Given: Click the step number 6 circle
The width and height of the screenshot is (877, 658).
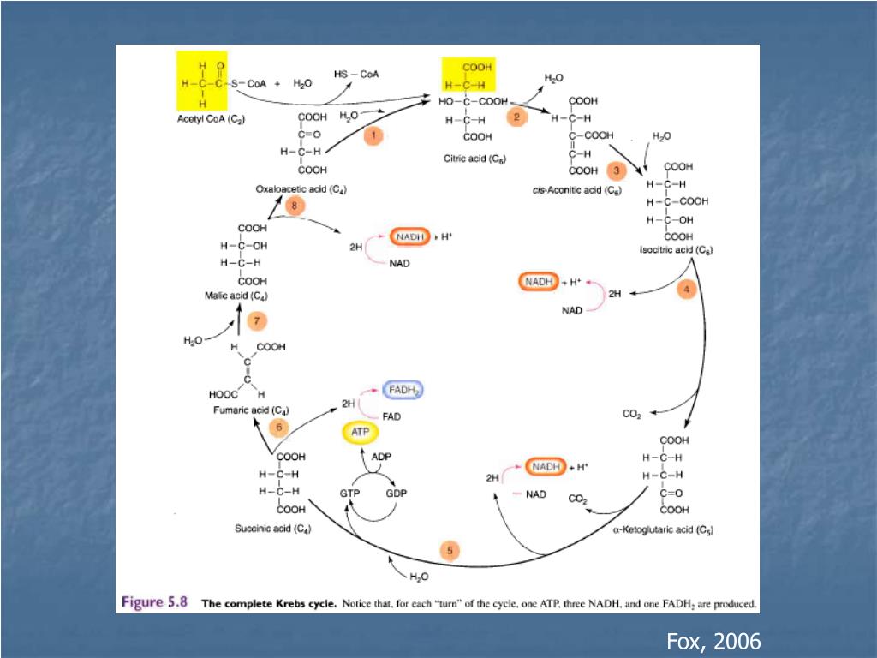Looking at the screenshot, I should [x=278, y=426].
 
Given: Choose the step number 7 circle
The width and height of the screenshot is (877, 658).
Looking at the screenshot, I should [x=255, y=322].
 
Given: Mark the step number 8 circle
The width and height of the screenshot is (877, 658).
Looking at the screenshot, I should [x=294, y=206].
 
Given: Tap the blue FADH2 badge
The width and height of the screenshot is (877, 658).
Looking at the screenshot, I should [x=403, y=390].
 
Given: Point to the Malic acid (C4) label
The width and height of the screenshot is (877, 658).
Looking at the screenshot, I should [x=236, y=296].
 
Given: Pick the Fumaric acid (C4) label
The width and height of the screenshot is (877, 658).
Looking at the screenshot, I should [x=250, y=410].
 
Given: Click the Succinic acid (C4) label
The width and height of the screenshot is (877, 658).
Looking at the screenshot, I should [x=272, y=529].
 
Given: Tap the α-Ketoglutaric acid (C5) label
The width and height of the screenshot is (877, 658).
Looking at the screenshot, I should [x=663, y=530].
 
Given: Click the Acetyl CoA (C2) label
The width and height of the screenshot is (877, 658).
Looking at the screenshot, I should [x=211, y=120].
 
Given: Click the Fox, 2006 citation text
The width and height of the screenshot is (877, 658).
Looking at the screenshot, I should [x=713, y=641].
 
